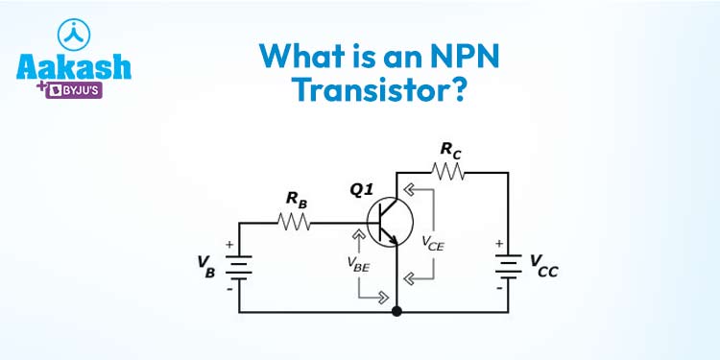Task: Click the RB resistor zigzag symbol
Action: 294,223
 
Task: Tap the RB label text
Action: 296,199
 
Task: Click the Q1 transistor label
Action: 362,189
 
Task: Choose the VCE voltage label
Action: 433,244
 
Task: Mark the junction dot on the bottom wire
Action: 396,312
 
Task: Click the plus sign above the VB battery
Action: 229,245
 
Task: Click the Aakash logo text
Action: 74,67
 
